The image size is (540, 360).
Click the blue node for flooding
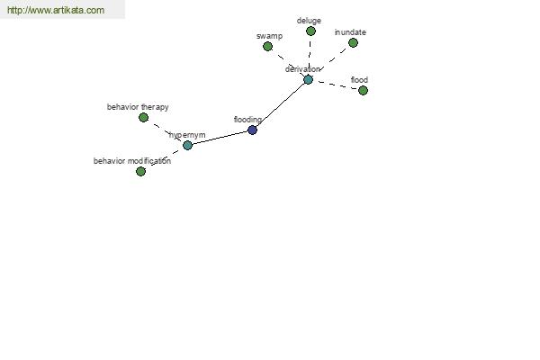pos(252,130)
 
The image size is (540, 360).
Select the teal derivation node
pos(308,79)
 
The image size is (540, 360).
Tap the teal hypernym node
pos(187,145)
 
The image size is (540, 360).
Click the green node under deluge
pos(310,31)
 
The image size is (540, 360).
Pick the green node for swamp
pos(267,46)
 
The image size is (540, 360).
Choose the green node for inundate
pos(353,42)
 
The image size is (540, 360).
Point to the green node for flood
pos(363,90)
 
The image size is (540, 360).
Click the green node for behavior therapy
pos(144,118)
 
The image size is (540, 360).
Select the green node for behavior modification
pos(141,171)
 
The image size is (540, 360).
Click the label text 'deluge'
pos(309,21)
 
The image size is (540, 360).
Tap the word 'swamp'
pos(269,36)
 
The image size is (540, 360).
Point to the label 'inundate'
pos(350,32)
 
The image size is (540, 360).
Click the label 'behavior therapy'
pos(138,107)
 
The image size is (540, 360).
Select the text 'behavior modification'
pos(132,161)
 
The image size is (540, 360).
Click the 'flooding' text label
pos(247,120)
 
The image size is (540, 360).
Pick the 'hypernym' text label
pos(187,135)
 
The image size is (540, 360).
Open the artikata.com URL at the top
pos(56,10)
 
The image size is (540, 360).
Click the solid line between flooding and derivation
pos(280,104)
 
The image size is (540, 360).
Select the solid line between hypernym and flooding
pos(220,138)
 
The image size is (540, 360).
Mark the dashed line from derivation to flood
pos(337,85)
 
